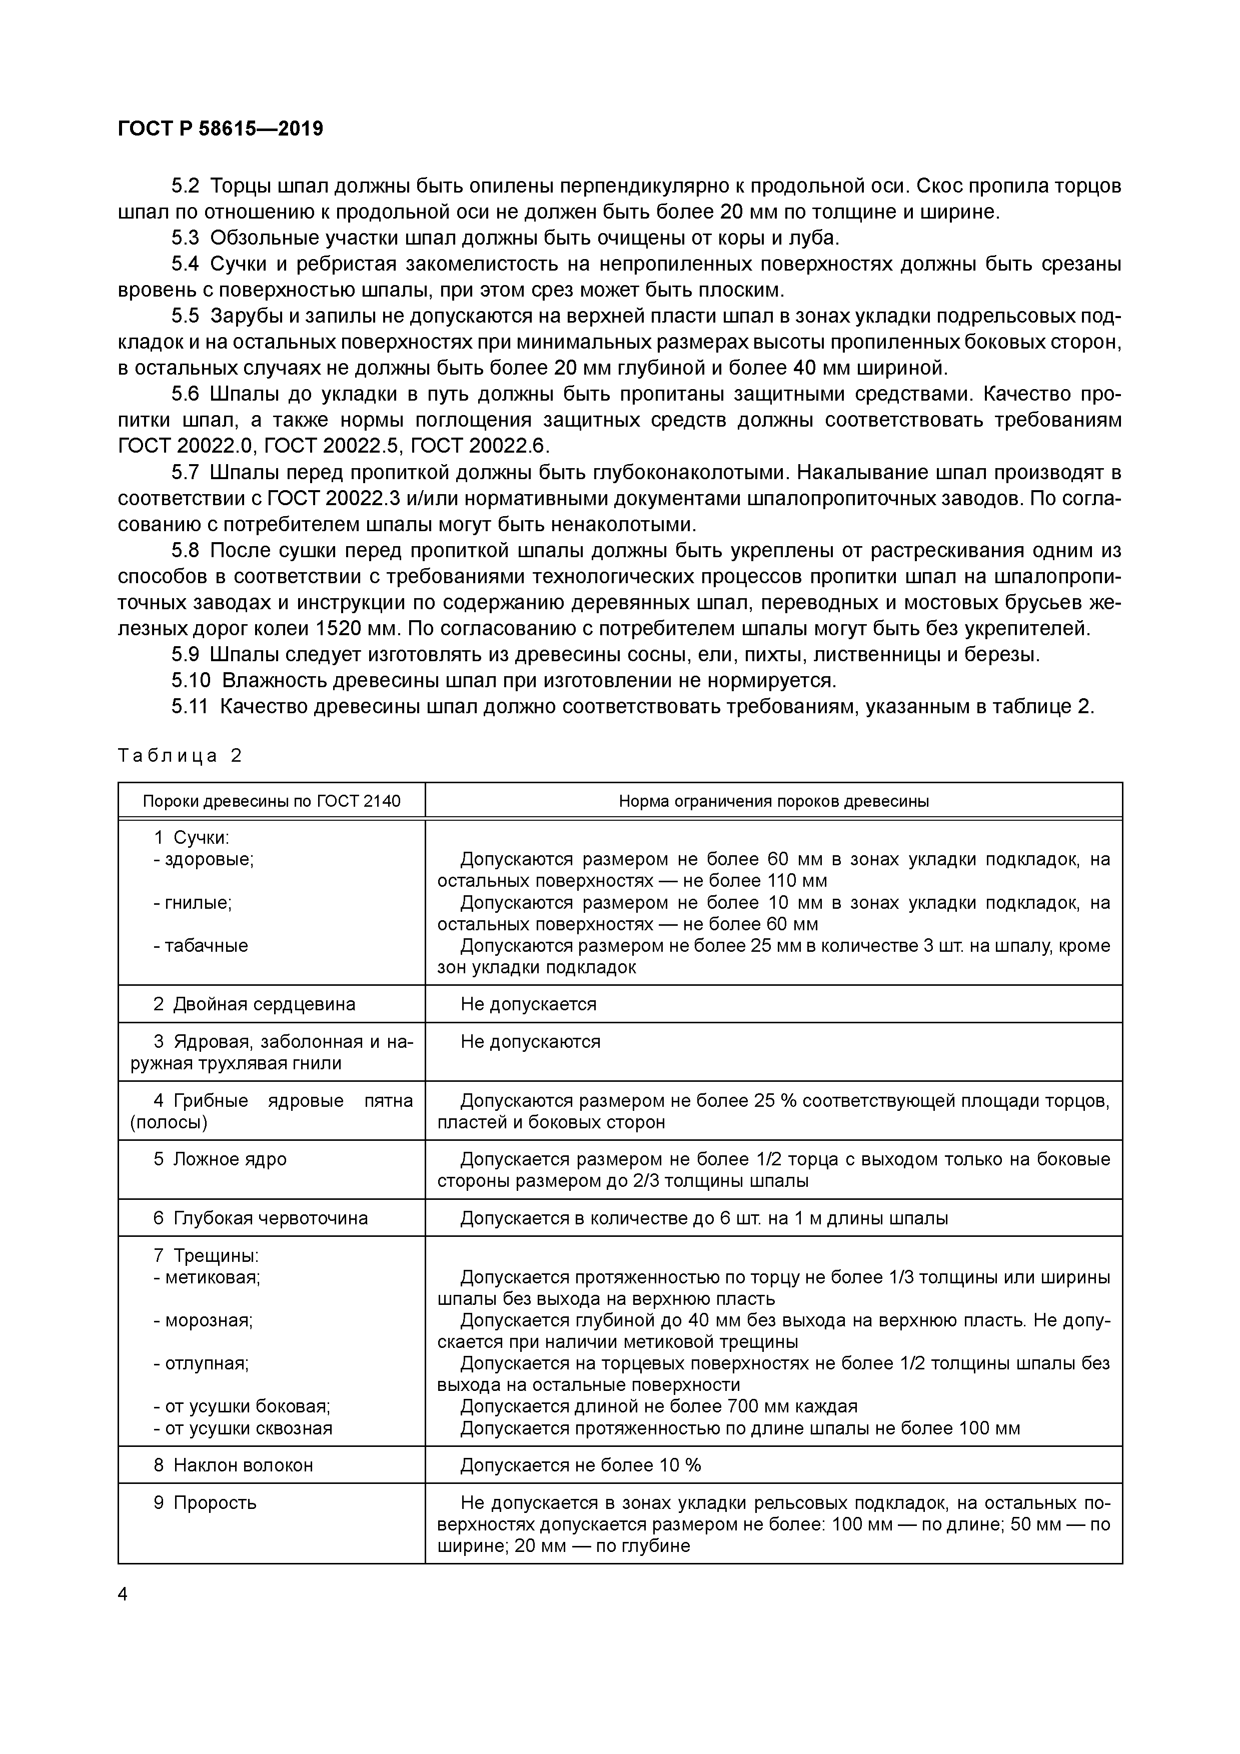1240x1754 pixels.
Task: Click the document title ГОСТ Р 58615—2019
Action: click(x=221, y=129)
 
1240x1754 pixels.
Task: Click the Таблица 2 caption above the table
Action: click(x=180, y=756)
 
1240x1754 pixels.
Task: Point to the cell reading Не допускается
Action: click(x=528, y=1004)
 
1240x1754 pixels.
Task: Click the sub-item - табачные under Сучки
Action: click(x=200, y=946)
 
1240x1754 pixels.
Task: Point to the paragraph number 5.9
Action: click(x=185, y=655)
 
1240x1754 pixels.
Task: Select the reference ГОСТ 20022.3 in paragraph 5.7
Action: click(x=334, y=499)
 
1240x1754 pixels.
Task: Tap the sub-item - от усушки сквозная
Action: click(x=243, y=1428)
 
